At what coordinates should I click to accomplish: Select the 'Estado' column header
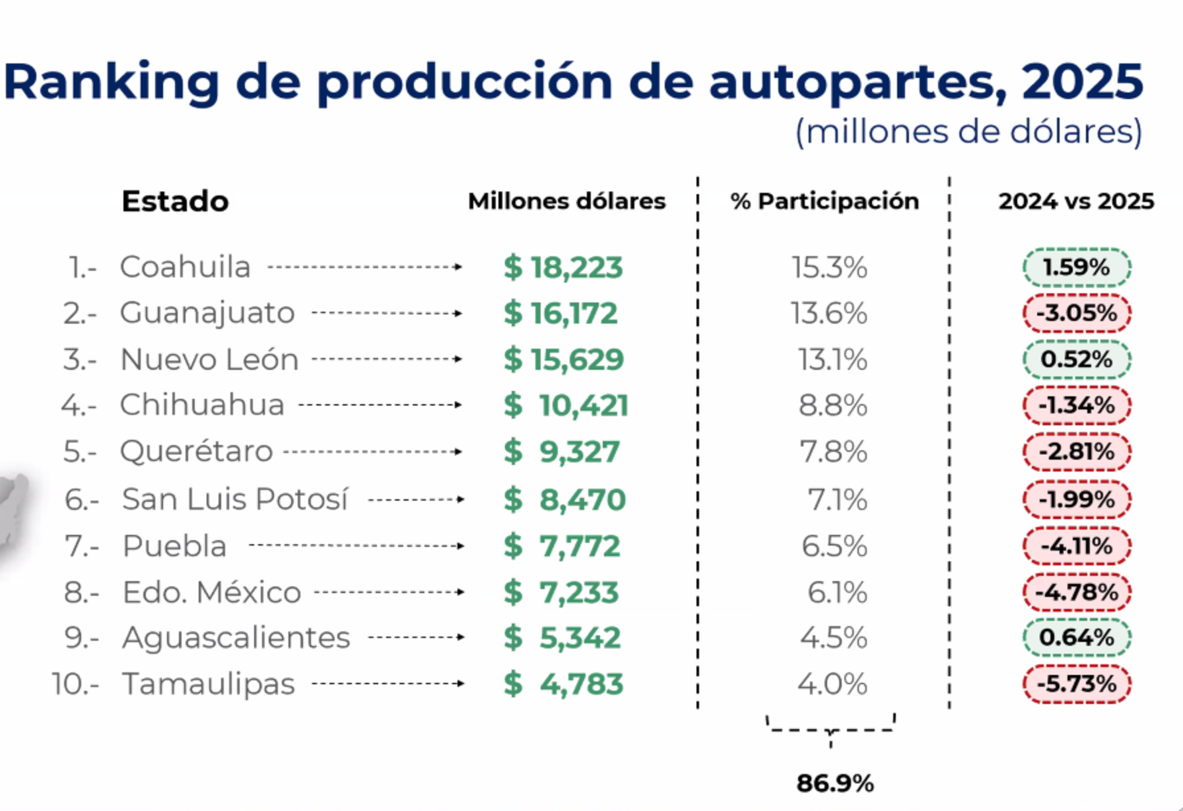[175, 201]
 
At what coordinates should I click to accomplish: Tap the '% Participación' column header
[825, 201]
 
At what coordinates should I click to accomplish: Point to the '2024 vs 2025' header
[1076, 201]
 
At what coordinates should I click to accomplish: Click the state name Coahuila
[185, 267]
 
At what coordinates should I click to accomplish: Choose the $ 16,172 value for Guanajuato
[561, 313]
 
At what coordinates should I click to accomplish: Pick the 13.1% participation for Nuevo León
[832, 360]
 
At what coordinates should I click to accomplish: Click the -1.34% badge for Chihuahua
[1077, 405]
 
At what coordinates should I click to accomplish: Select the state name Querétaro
[196, 452]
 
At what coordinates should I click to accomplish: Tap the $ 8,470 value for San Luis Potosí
[564, 499]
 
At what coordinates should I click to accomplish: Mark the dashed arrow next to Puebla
[356, 546]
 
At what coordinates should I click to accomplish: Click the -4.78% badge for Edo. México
[1077, 592]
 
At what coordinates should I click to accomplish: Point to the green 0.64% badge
[1077, 637]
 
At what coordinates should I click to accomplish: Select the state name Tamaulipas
[209, 684]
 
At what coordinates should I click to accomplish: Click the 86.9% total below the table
[835, 783]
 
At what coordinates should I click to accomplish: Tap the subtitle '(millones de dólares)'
[968, 131]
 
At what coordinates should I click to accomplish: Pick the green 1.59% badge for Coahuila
[1077, 267]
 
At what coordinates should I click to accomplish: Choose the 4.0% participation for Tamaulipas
[832, 684]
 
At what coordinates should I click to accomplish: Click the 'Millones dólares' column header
[566, 201]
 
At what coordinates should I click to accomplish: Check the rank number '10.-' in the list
[75, 684]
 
